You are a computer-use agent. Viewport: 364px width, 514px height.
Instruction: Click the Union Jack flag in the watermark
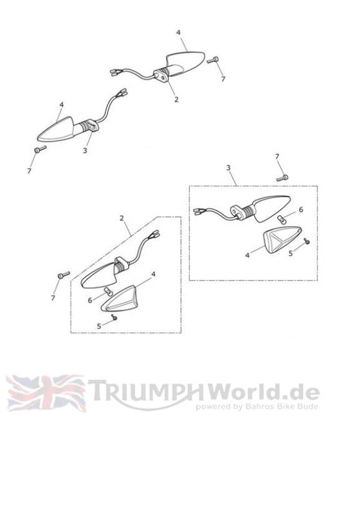point(46,393)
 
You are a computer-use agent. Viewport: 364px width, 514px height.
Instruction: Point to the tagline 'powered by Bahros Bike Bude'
point(257,407)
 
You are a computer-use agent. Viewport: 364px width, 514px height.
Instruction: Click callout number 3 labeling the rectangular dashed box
point(228,168)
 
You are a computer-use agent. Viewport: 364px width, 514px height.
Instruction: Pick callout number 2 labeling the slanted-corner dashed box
point(122,218)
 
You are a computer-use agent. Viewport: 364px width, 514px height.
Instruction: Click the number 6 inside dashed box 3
point(300,209)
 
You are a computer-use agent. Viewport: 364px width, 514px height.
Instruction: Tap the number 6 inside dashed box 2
point(89,300)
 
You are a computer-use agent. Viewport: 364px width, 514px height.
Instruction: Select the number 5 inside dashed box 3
point(291,253)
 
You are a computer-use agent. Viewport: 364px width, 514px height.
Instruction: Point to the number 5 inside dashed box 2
point(99,326)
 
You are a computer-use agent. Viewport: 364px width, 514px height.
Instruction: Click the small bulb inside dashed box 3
point(281,218)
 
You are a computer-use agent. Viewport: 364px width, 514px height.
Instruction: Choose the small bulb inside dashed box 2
point(107,290)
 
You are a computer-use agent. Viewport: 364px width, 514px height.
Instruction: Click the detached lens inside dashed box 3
point(282,240)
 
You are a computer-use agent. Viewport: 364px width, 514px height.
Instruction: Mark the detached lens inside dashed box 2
point(120,299)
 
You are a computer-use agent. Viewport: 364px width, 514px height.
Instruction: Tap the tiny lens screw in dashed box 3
point(307,241)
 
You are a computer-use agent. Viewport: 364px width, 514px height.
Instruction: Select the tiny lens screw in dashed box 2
point(114,317)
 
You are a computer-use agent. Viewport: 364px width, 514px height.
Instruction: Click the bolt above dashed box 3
point(282,178)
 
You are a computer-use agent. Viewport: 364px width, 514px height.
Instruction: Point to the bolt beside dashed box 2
point(64,275)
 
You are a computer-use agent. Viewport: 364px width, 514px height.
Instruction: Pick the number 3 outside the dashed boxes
point(85,150)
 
